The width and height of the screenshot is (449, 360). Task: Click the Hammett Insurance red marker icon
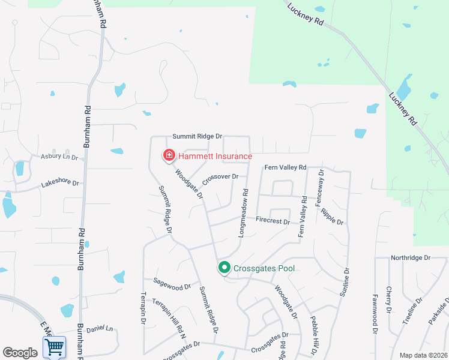click(x=169, y=156)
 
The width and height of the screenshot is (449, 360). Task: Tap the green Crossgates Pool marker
click(x=224, y=268)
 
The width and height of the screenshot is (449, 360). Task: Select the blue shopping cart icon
click(x=54, y=347)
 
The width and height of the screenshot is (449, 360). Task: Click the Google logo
click(x=20, y=353)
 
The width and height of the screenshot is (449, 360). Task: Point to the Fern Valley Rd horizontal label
click(x=285, y=167)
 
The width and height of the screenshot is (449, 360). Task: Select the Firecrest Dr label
click(x=273, y=221)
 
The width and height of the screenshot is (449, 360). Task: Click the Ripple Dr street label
click(x=332, y=217)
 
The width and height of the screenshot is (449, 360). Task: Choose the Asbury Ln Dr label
click(x=59, y=157)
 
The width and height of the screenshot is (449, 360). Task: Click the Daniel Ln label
click(x=100, y=329)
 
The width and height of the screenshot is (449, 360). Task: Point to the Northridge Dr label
click(x=411, y=258)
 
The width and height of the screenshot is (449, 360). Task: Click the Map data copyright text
click(x=423, y=355)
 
